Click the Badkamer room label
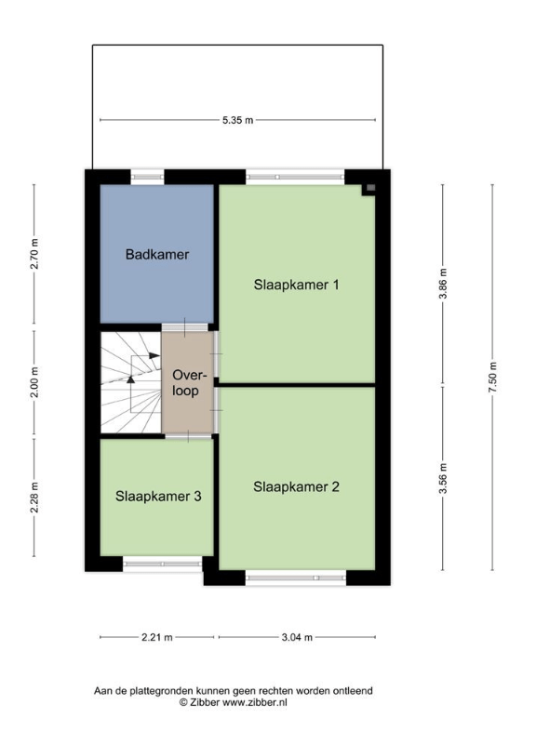(157, 254)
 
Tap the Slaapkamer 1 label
(296, 285)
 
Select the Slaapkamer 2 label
(296, 486)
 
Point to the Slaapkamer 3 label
(158, 497)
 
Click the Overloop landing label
(185, 383)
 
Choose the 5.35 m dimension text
(238, 120)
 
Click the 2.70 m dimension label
(34, 254)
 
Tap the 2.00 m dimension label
(34, 382)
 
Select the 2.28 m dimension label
(34, 498)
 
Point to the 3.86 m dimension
(443, 284)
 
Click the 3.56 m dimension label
(443, 478)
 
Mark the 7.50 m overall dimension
(492, 378)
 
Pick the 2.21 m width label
(157, 637)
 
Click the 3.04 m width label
(297, 637)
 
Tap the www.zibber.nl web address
(255, 703)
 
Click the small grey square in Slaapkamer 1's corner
(371, 188)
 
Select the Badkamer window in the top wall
(147, 177)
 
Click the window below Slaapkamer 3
(162, 564)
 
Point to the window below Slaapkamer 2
(296, 578)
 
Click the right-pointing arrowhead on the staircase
(154, 355)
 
